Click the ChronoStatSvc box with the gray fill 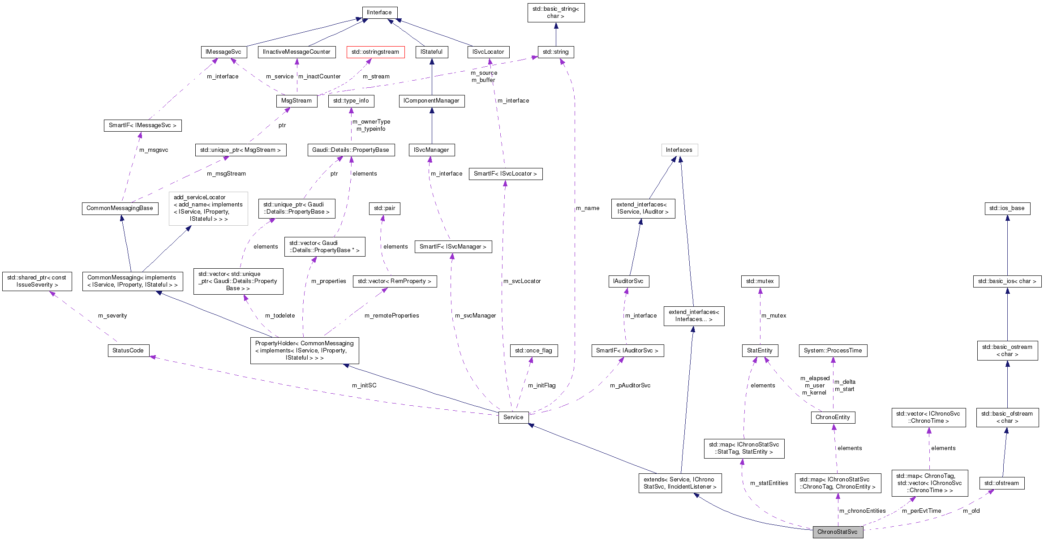(837, 532)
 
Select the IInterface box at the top (379, 13)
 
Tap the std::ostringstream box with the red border (375, 52)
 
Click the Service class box (513, 417)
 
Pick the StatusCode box (128, 351)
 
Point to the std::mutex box (760, 281)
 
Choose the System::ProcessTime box (833, 351)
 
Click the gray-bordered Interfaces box (679, 150)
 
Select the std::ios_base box (1007, 208)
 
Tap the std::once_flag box (533, 351)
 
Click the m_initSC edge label (364, 386)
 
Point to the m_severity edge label (112, 316)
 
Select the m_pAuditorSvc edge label (630, 386)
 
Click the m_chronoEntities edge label (862, 511)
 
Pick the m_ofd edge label (971, 511)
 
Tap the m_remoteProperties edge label (391, 316)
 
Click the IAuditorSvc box (628, 281)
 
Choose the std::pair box (384, 208)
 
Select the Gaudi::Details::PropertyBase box (351, 150)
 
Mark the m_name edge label (587, 208)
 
